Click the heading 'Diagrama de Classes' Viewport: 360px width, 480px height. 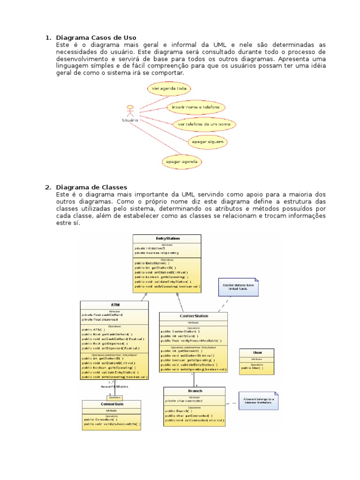pyautogui.click(x=91, y=187)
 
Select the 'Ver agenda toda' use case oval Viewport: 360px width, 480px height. pyautogui.click(x=168, y=88)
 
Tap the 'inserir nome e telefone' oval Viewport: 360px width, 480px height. pyautogui.click(x=196, y=107)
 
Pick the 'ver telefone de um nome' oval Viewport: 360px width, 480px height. pyautogui.click(x=204, y=124)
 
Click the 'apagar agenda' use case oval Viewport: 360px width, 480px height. pyautogui.click(x=182, y=162)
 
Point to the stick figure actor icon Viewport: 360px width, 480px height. pyautogui.click(x=130, y=110)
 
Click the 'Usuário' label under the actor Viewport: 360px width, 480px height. pyautogui.click(x=130, y=120)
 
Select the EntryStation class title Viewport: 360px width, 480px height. pyautogui.click(x=167, y=239)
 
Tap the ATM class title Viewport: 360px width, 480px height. pyautogui.click(x=114, y=305)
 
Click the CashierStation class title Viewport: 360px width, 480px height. pyautogui.click(x=194, y=316)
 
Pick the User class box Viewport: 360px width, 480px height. pyautogui.click(x=257, y=360)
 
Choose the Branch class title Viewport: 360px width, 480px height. pyautogui.click(x=195, y=390)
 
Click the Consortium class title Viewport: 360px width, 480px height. pyautogui.click(x=111, y=404)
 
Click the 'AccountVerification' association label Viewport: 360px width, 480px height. pyautogui.click(x=114, y=387)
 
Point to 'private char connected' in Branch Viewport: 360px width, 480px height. pyautogui.click(x=184, y=401)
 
